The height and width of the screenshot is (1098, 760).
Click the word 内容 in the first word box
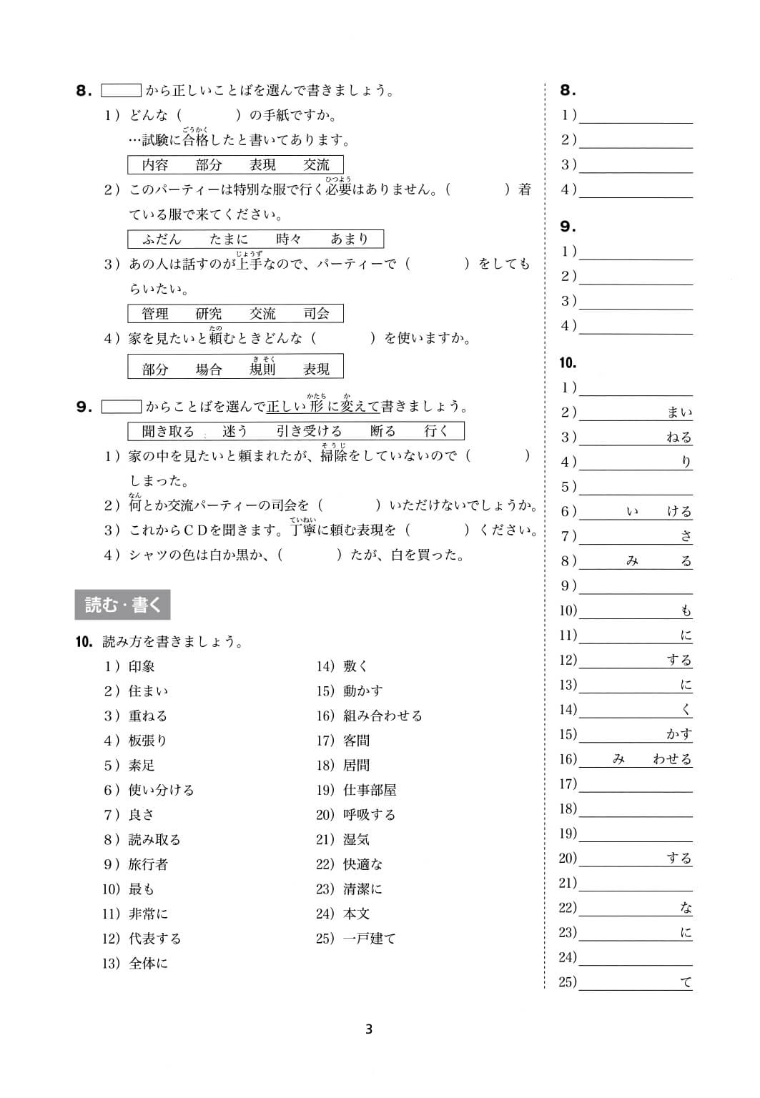155,165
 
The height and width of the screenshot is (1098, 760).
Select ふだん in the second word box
162,239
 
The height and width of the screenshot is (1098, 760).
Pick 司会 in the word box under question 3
317,314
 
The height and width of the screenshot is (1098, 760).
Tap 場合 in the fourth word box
209,370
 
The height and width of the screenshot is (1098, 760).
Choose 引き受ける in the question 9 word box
309,431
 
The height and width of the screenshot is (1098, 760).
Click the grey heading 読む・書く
122,605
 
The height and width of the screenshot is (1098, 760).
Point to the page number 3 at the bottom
369,1029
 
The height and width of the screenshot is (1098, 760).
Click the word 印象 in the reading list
142,666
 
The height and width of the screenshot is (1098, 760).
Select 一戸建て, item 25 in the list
369,939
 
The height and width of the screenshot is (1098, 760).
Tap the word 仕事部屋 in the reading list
370,790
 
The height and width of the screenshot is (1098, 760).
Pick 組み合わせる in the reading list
383,716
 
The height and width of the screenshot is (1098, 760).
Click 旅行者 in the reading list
148,864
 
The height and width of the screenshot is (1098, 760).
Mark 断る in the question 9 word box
383,431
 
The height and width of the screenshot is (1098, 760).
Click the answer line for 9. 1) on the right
636,252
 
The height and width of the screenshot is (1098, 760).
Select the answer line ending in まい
636,413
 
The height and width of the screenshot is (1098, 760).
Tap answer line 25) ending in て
636,983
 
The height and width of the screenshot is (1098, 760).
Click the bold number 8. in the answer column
568,90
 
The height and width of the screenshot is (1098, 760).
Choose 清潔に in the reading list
362,889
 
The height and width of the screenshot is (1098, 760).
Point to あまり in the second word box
349,239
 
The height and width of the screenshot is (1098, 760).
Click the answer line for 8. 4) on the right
636,190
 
